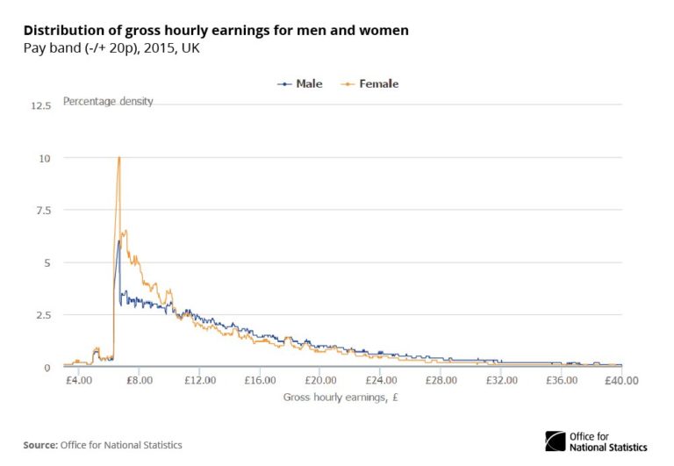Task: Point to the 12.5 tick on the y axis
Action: point(40,105)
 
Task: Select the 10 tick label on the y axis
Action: point(44,158)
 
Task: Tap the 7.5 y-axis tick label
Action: point(42,211)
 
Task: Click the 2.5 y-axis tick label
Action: point(42,315)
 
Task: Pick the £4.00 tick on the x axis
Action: point(79,381)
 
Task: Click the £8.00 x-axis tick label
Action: point(140,381)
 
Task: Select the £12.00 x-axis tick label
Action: point(201,381)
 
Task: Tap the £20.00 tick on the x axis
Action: point(321,381)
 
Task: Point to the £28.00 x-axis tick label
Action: point(441,381)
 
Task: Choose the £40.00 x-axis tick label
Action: point(621,381)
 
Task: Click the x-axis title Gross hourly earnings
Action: point(342,398)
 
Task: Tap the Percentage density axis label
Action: point(108,101)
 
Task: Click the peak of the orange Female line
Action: point(118,158)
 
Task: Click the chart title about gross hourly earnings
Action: point(216,31)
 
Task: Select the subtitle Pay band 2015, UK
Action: point(111,47)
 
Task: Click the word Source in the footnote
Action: point(39,445)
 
